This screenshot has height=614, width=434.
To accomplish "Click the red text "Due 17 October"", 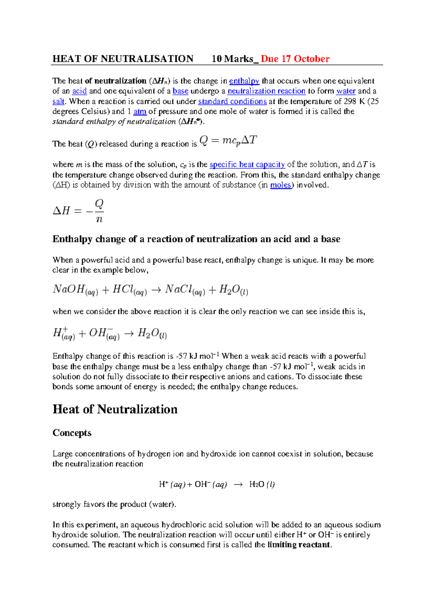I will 295,59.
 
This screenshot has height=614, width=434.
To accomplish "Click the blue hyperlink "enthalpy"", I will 244,81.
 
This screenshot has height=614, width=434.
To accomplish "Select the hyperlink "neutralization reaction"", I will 267,91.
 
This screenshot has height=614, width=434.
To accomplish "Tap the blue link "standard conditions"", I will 232,101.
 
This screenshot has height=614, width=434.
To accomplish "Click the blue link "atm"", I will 140,112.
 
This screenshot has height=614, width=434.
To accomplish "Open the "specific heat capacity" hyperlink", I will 247,165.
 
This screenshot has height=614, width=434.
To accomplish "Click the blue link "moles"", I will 281,185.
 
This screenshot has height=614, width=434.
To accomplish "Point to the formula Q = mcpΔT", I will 228,141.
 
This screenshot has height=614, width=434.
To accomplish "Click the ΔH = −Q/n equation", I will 78,211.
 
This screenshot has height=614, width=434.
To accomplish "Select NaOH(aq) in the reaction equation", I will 75,290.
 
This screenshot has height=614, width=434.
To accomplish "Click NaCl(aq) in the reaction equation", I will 185,290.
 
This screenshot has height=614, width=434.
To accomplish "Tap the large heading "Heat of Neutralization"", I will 115,409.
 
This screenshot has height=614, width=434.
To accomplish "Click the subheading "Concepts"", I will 72,433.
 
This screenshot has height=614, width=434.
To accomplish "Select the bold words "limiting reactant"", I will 299,545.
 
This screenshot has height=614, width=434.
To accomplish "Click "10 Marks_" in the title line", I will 235,59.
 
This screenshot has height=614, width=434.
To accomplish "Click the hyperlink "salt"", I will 58,101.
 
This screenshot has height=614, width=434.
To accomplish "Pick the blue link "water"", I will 346,91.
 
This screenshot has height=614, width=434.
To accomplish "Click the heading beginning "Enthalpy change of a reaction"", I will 196,239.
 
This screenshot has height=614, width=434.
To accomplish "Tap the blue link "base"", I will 180,91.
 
